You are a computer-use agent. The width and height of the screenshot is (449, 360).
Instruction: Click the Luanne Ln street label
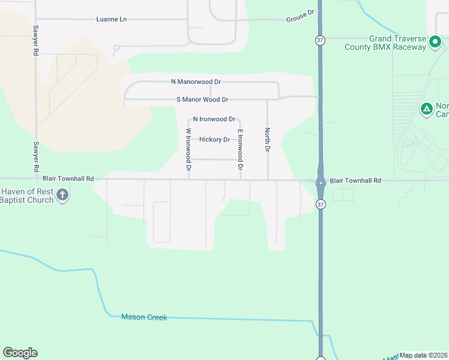pos(112,19)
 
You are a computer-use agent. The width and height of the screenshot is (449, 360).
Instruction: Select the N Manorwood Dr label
pos(196,82)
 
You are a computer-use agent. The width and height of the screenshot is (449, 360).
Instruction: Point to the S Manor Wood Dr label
pos(202,100)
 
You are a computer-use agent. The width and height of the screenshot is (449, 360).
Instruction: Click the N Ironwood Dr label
pos(214,119)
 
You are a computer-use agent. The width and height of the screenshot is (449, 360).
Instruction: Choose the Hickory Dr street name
pos(214,140)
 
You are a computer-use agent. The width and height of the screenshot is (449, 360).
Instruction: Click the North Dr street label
pos(268,139)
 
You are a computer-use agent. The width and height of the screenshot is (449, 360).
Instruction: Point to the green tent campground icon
pos(426,109)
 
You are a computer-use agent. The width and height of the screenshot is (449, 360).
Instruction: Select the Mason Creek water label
pos(144,317)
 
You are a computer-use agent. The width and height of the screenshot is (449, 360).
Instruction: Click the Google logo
pos(20,353)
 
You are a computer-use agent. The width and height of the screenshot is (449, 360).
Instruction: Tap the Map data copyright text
pos(423,355)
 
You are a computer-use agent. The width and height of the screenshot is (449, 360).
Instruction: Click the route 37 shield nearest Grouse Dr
pos(320,40)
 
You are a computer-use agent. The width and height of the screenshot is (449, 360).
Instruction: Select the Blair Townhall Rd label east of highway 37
pos(355,181)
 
